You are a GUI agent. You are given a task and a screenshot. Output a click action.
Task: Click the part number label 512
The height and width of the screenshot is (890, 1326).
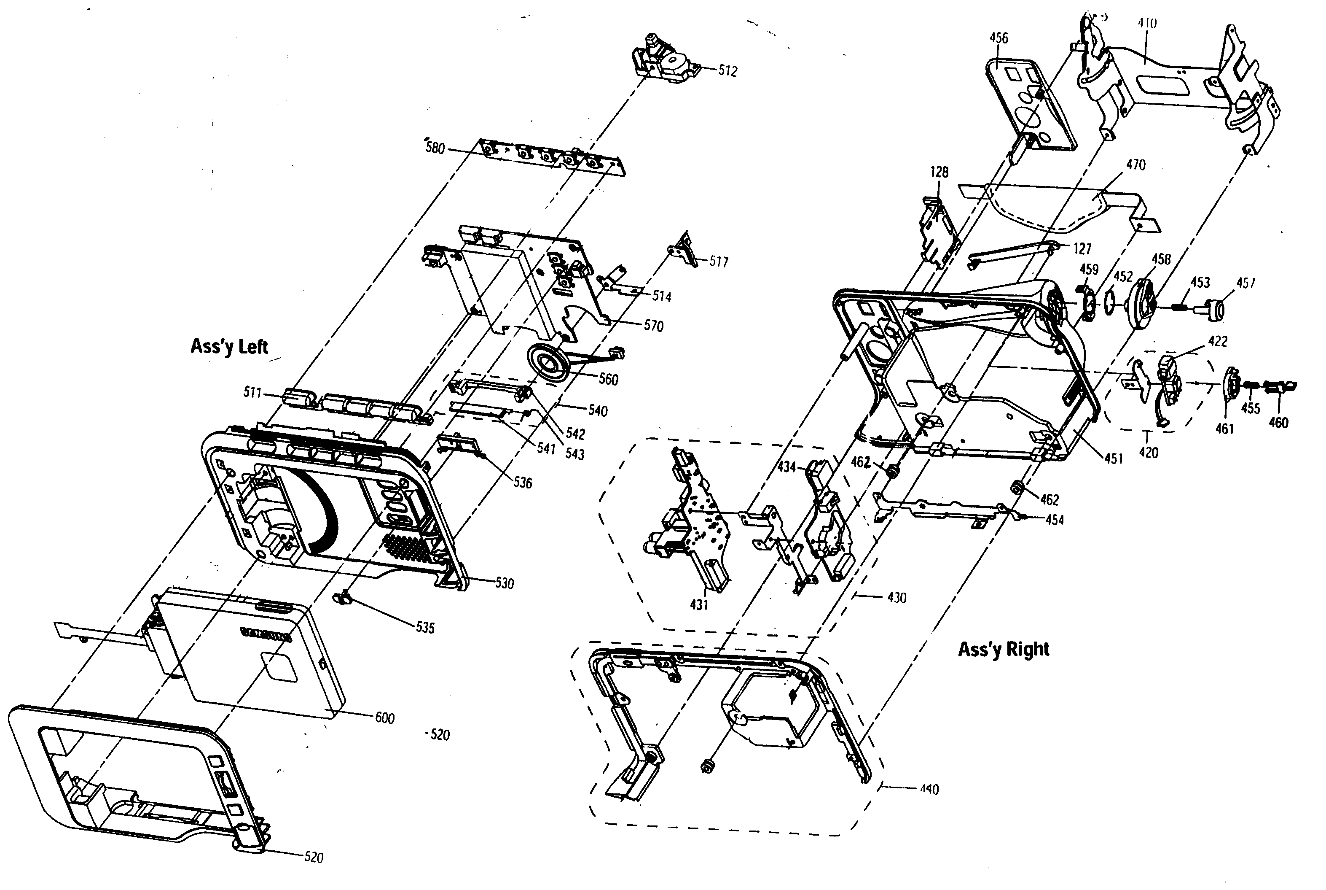(727, 71)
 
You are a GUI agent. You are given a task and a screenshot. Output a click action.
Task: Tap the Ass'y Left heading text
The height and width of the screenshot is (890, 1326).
(229, 346)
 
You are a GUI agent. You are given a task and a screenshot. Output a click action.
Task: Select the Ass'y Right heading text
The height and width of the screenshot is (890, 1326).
(1003, 649)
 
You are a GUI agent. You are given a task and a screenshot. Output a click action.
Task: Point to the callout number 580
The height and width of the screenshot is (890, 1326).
(435, 149)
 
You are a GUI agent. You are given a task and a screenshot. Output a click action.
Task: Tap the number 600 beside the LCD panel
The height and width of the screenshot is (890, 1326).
(384, 718)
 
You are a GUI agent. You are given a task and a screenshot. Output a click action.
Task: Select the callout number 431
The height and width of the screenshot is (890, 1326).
(699, 605)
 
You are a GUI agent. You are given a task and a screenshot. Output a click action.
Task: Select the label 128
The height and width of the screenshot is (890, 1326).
(939, 171)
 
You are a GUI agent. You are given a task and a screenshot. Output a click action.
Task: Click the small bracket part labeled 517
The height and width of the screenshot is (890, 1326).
(685, 250)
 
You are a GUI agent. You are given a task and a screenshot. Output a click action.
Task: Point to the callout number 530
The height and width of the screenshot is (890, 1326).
(504, 583)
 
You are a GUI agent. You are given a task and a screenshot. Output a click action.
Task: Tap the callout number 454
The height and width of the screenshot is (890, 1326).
(1054, 519)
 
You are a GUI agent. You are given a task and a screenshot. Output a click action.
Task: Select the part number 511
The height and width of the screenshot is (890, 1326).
(252, 392)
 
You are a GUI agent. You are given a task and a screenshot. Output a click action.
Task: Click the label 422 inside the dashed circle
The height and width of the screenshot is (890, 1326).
(1218, 340)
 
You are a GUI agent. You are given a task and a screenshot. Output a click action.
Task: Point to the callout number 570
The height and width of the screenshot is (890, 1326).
(653, 326)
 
